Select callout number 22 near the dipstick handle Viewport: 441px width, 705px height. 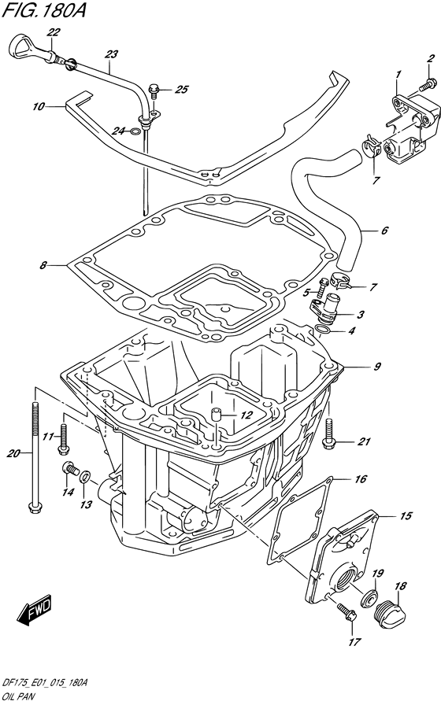pos(53,32)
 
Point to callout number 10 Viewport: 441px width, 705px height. pos(38,105)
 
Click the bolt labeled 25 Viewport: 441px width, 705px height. pos(156,90)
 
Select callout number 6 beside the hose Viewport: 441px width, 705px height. pos(384,231)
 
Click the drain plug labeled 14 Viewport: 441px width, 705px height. pos(69,471)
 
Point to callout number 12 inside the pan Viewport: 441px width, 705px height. pos(246,415)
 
